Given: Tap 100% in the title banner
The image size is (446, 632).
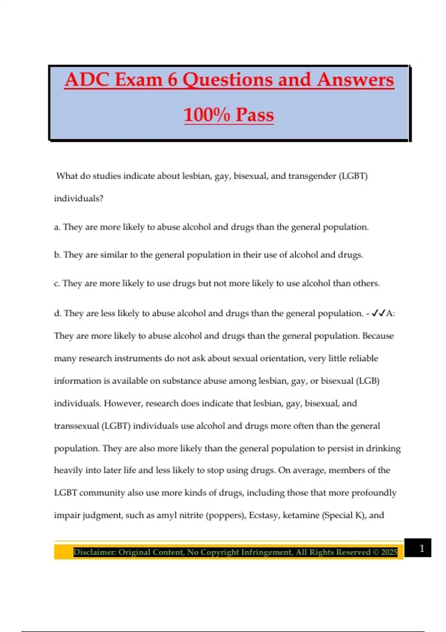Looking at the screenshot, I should (207, 115).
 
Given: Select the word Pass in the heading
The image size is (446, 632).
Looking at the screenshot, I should (255, 115).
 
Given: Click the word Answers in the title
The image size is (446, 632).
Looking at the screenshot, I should (355, 80).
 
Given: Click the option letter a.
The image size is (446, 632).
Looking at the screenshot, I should (56, 227).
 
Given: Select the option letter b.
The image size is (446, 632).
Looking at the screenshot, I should (57, 255).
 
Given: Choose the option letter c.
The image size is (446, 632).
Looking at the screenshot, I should (56, 283).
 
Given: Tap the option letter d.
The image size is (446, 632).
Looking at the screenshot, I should (57, 313).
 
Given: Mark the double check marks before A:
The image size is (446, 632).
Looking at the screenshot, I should (378, 313).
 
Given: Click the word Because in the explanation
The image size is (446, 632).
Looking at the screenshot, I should (378, 336).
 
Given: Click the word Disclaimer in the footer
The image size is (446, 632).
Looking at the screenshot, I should (94, 552).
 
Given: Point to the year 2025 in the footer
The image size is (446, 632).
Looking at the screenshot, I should (389, 552).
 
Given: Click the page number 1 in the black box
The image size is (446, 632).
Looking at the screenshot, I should (421, 548).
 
